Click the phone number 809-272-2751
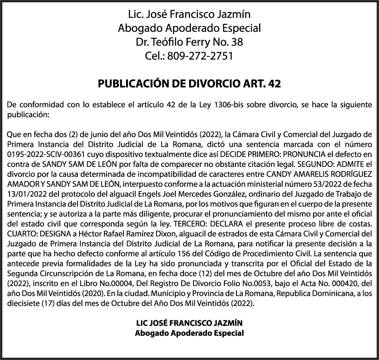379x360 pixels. pos(200,56)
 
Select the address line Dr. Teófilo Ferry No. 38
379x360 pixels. pos(189,42)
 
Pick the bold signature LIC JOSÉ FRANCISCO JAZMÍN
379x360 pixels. pos(189,323)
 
